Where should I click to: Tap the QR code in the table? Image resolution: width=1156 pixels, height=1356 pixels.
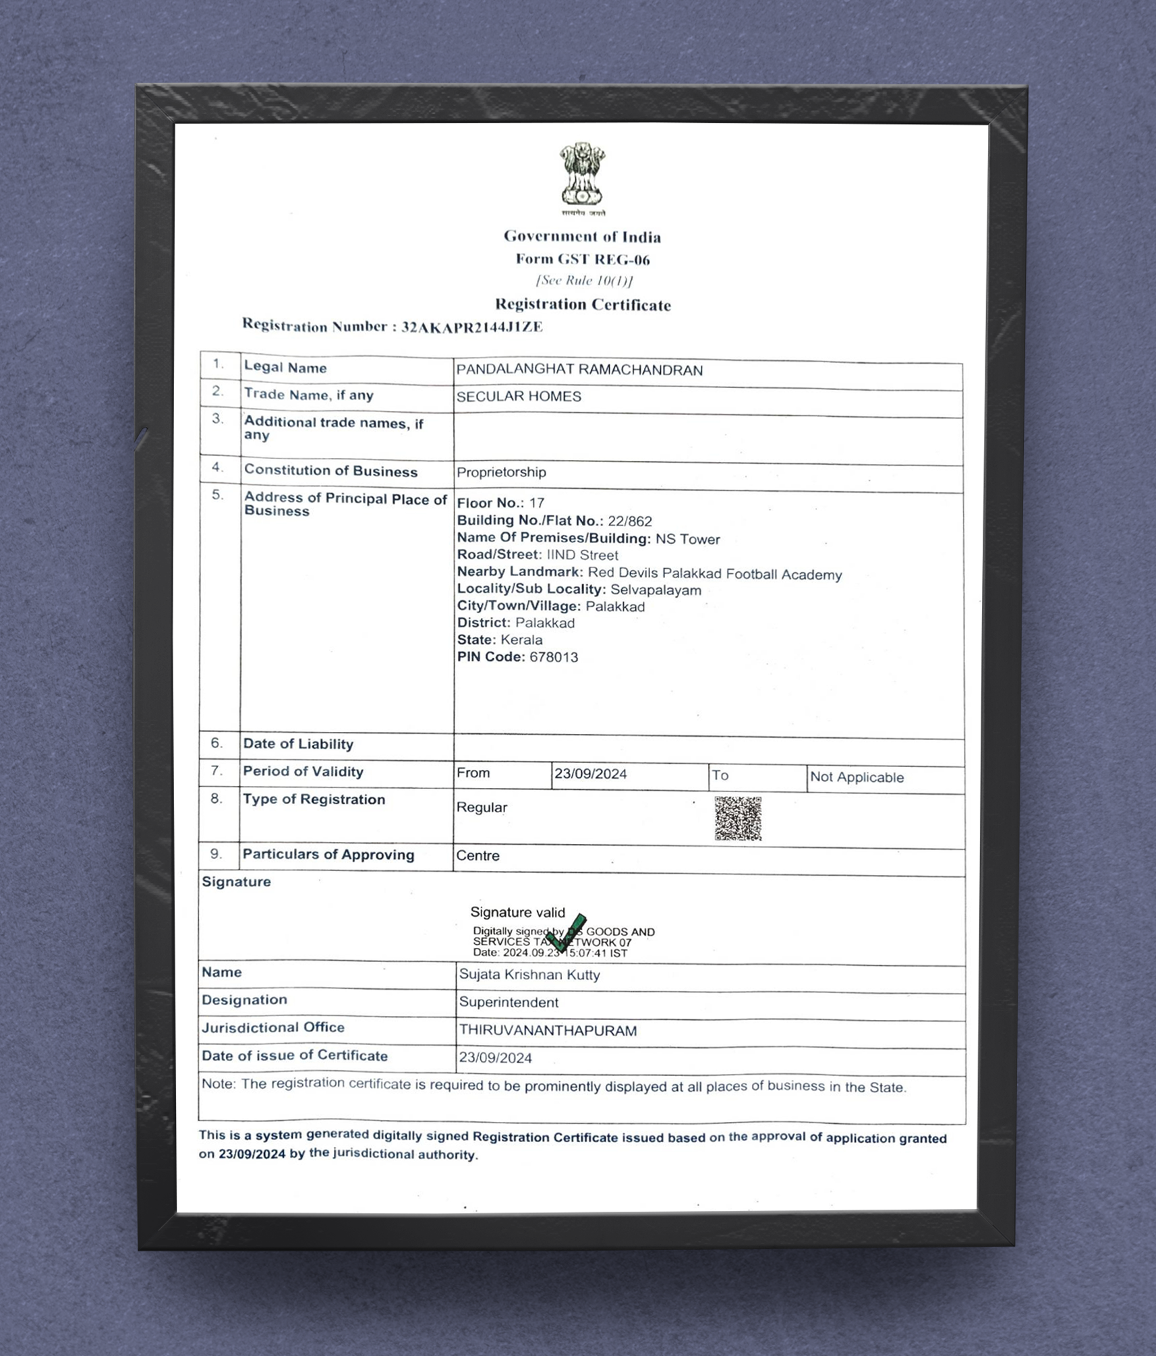pos(738,818)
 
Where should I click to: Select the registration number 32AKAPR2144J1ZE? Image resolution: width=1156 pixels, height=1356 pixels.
pos(471,327)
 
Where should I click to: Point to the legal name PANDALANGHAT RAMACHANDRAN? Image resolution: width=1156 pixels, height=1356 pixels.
pos(579,370)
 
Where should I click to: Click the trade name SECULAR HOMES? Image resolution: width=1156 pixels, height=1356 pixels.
pos(519,397)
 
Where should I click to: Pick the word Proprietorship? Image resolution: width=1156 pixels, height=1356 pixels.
pos(501,472)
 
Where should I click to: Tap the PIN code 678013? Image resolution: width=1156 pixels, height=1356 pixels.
pos(554,657)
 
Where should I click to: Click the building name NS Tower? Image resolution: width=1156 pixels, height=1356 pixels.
pos(687,539)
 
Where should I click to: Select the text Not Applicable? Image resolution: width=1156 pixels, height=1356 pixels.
pos(857,777)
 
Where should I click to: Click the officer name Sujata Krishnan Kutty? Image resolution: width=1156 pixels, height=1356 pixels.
pos(529,975)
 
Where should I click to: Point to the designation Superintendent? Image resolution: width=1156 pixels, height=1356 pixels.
pos(509,1002)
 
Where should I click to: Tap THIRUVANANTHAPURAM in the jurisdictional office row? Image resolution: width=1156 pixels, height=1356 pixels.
pos(548,1031)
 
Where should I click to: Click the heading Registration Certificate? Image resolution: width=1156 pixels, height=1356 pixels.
pos(583,305)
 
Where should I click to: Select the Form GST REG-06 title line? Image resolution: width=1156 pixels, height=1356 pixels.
pos(583,260)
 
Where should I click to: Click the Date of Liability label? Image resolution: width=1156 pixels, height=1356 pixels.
pos(298,744)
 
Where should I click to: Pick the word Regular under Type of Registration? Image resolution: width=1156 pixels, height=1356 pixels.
pos(482,808)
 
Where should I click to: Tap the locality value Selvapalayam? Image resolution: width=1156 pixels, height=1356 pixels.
pos(656,590)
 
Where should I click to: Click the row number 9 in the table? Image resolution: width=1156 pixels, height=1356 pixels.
pos(216,854)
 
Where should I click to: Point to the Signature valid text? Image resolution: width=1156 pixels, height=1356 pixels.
pos(517,913)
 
